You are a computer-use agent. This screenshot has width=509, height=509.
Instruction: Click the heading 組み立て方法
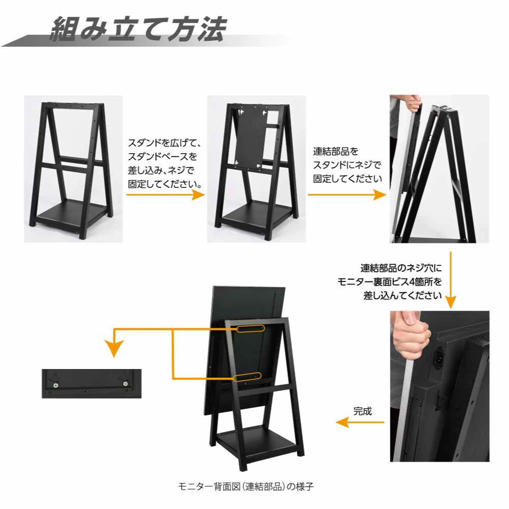(137, 30)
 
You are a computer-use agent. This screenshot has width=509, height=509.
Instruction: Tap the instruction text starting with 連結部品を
(347, 165)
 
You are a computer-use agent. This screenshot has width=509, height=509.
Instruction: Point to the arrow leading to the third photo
(346, 194)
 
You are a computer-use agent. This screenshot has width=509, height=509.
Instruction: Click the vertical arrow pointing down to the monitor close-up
(450, 280)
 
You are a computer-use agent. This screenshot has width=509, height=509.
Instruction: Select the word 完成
(362, 411)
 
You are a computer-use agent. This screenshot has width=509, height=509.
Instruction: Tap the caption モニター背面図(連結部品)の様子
(246, 486)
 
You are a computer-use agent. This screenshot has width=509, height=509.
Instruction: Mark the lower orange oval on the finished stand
(248, 377)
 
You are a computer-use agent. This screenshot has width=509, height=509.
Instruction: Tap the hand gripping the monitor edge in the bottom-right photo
(407, 338)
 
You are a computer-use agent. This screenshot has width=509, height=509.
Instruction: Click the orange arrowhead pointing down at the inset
(113, 349)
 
